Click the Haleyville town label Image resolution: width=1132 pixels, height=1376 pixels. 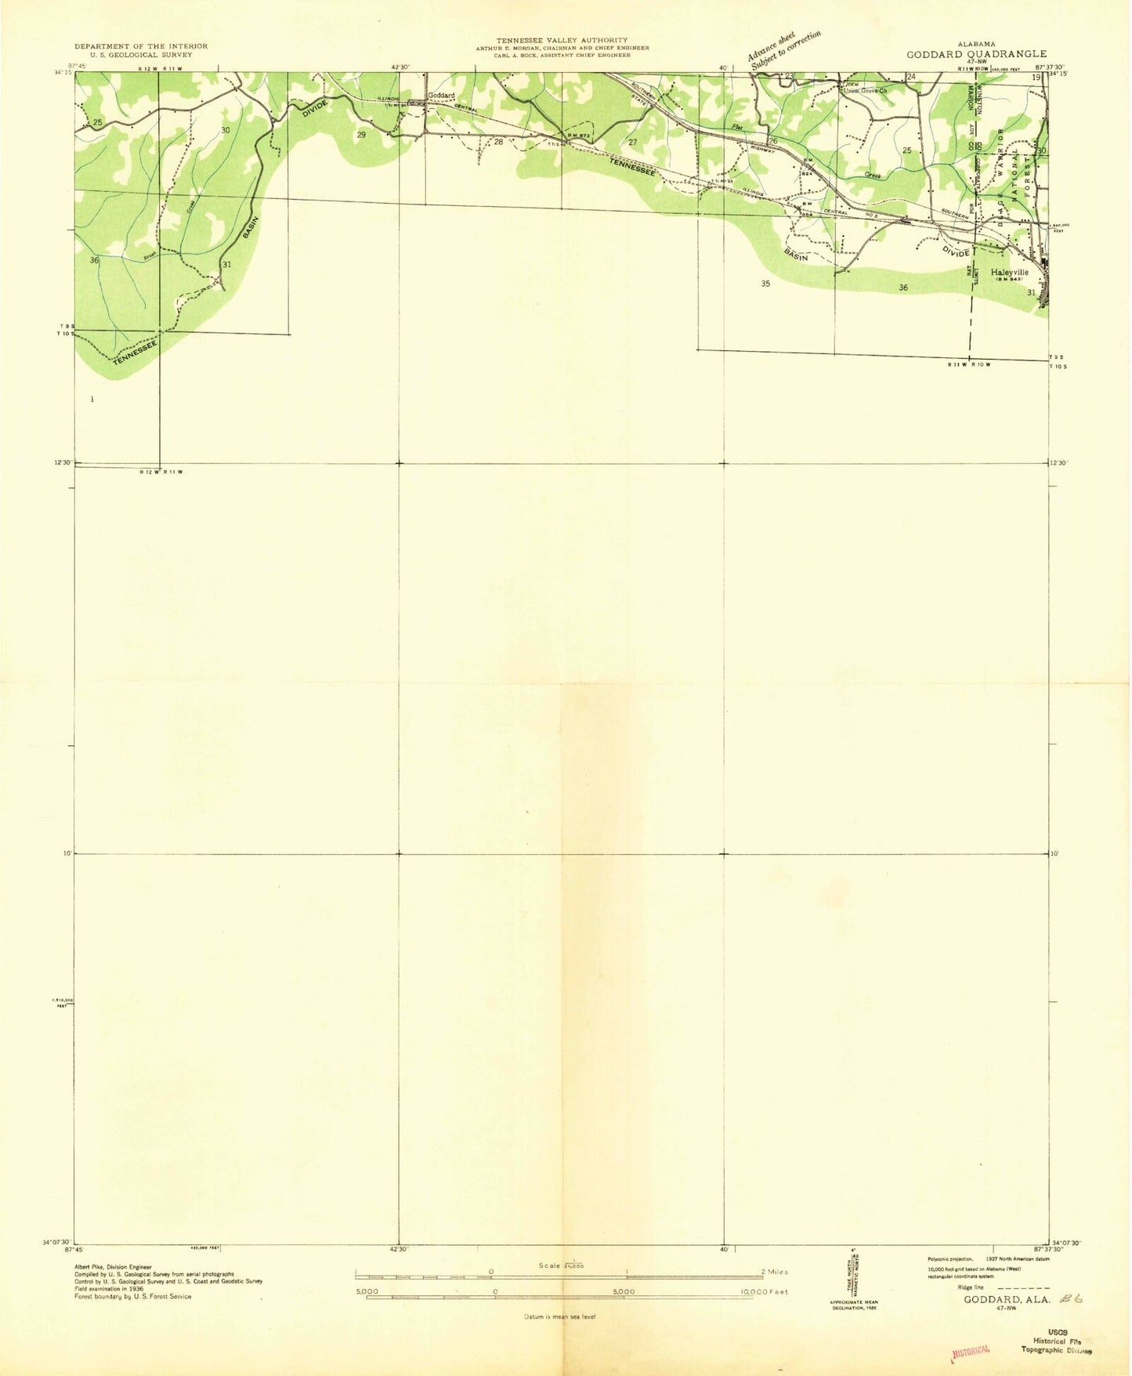pos(1009,272)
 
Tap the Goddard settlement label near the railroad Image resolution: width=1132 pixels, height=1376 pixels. pos(441,96)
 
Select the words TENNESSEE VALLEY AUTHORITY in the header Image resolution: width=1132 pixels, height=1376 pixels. pos(561,40)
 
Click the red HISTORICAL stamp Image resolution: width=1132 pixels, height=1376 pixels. pos(971,1351)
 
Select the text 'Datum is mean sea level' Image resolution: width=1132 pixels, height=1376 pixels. pos(560,1316)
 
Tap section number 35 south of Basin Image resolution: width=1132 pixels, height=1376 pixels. pos(765,284)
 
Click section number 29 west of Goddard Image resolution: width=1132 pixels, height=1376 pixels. pos(361,135)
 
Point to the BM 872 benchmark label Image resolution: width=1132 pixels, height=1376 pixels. pos(578,136)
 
